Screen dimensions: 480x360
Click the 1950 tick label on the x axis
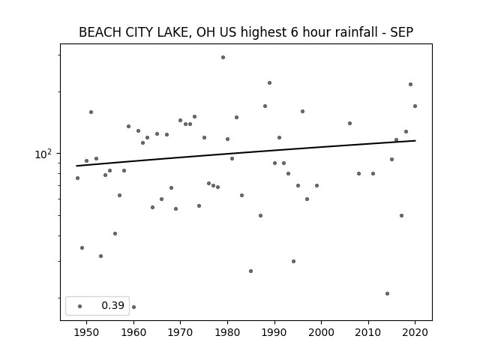[87, 332]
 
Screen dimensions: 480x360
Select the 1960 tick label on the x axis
[133, 332]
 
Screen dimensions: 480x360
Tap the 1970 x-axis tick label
[180, 332]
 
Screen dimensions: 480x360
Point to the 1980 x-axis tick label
[227, 332]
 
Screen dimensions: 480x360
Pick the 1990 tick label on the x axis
[274, 332]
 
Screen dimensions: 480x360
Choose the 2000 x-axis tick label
[322, 332]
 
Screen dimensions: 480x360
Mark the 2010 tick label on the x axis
[368, 332]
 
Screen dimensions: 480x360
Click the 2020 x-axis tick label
[415, 332]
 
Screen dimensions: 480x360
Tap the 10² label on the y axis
[43, 154]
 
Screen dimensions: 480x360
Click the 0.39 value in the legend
[113, 305]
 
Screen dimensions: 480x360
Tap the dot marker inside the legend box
[80, 306]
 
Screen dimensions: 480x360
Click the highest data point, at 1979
[223, 57]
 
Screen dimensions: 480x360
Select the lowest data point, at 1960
[133, 307]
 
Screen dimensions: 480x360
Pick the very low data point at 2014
[387, 293]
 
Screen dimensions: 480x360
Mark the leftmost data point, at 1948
[77, 178]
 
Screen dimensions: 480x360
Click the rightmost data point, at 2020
[415, 106]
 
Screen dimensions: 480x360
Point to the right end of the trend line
[415, 140]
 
